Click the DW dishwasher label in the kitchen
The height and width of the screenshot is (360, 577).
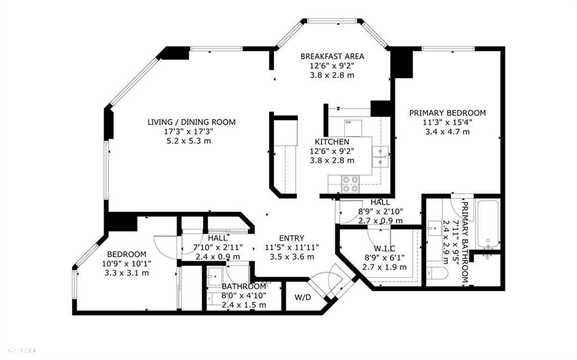(x=348, y=122)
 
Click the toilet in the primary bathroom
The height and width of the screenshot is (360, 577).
(x=439, y=273)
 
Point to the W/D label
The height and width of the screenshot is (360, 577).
(x=303, y=296)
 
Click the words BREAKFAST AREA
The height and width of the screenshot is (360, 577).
(x=332, y=56)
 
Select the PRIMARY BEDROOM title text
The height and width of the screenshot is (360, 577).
(x=447, y=113)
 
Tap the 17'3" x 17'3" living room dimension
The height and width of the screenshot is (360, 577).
(x=191, y=131)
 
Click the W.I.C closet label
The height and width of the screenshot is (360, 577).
(x=384, y=248)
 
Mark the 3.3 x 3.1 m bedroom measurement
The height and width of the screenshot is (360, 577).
(x=127, y=273)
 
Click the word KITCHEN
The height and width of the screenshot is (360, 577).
(x=332, y=141)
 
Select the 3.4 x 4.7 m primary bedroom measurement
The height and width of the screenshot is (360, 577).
(x=447, y=131)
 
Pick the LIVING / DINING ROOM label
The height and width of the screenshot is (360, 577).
(x=191, y=122)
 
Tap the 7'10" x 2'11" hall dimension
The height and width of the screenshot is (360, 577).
(x=218, y=247)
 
